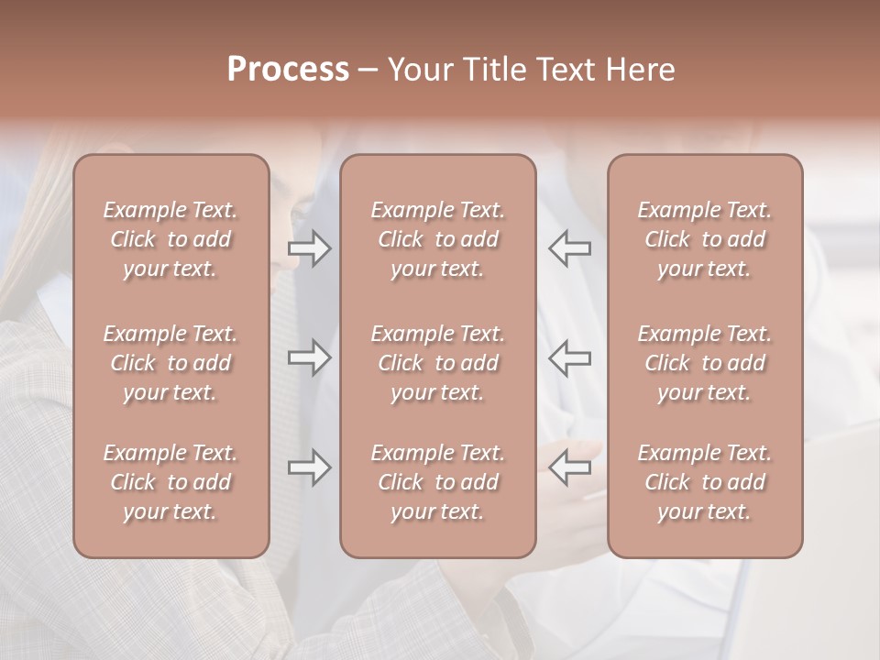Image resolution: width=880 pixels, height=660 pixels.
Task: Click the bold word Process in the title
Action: pos(288,70)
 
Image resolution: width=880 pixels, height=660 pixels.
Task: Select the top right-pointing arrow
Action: pos(310,248)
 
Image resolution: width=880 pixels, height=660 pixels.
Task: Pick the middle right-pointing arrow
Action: pos(310,357)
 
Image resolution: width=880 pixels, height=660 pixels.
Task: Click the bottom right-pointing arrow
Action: pos(310,467)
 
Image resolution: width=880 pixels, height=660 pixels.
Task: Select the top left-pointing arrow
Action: pos(570,248)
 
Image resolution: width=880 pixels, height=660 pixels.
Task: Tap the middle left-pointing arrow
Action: pos(570,357)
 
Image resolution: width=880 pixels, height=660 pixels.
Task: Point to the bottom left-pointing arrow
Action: pos(570,467)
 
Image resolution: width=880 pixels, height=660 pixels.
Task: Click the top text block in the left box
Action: pos(170,239)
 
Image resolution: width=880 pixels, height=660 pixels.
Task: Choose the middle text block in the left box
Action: pos(170,363)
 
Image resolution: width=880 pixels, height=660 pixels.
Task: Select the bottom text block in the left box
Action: pos(170,482)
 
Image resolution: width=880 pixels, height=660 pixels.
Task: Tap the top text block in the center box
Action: pos(438,239)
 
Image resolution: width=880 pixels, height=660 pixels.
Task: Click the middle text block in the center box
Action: pos(438,363)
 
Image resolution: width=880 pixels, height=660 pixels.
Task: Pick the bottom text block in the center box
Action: pos(438,482)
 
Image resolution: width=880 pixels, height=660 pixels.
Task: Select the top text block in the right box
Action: pos(705,239)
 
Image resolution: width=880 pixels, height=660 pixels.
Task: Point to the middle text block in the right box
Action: pos(705,363)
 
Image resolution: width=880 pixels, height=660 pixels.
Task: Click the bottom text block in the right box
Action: pos(705,482)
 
